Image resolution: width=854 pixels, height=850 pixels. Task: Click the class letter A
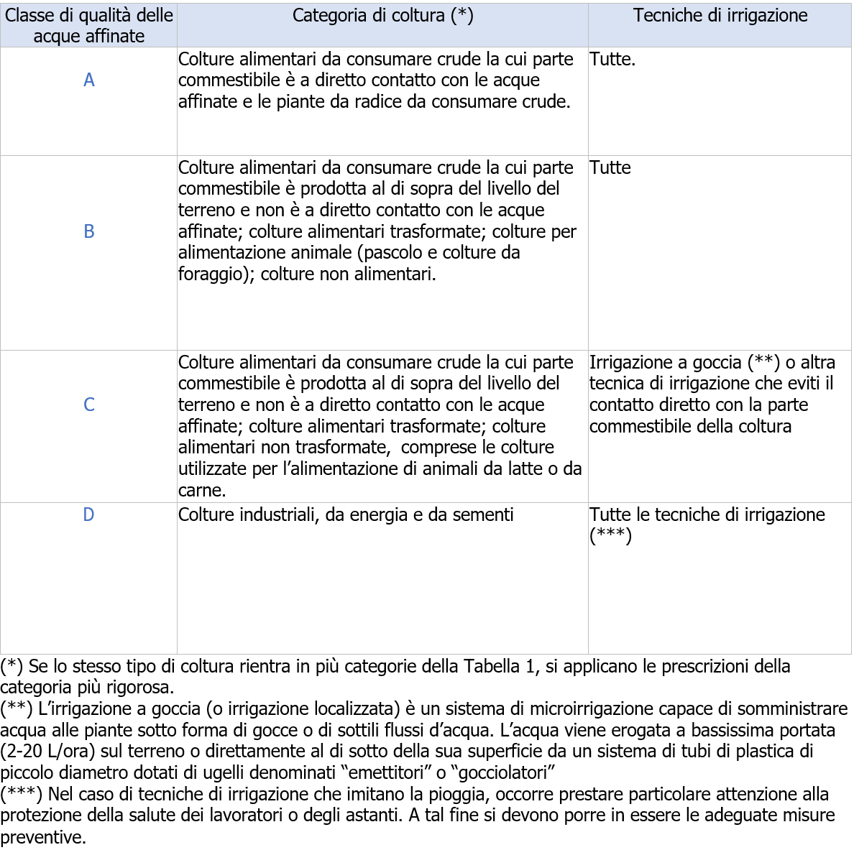(x=88, y=80)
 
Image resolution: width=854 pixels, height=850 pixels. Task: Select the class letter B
(x=88, y=231)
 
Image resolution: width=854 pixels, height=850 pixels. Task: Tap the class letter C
(x=88, y=405)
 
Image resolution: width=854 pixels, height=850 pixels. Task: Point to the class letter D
(x=88, y=514)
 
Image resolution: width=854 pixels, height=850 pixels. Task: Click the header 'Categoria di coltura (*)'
(x=382, y=16)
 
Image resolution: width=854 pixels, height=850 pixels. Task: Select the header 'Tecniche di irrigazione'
(x=720, y=16)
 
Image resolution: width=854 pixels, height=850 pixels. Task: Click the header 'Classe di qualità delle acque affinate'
(x=88, y=26)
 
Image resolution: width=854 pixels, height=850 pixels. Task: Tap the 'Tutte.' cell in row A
(x=612, y=60)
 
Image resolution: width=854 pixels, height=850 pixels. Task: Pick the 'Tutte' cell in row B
(x=610, y=167)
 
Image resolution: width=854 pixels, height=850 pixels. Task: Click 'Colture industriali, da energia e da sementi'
(x=346, y=514)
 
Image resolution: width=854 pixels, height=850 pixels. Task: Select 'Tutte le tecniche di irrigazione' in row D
(x=707, y=514)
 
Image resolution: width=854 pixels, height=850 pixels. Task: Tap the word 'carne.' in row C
(x=202, y=491)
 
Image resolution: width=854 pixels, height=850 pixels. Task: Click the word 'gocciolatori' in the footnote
(x=502, y=773)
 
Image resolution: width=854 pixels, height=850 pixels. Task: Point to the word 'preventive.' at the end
(x=43, y=837)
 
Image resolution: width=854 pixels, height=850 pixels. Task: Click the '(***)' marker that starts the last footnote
(x=22, y=795)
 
